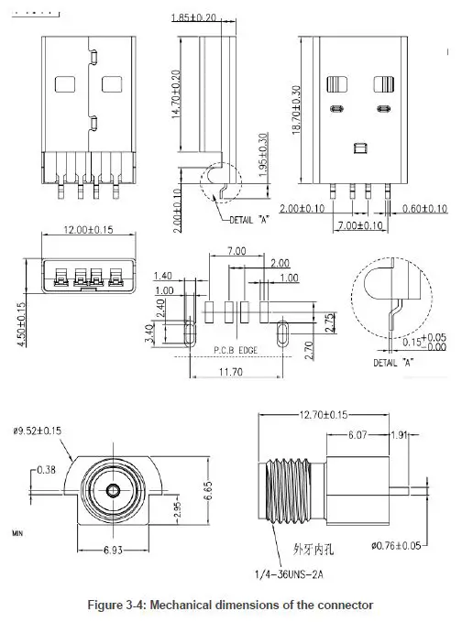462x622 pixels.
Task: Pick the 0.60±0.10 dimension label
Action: pyautogui.click(x=424, y=210)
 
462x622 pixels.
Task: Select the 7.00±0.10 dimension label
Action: pyautogui.click(x=360, y=225)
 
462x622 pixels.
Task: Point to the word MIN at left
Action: pyautogui.click(x=17, y=531)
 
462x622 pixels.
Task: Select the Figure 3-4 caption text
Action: pyautogui.click(x=230, y=606)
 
